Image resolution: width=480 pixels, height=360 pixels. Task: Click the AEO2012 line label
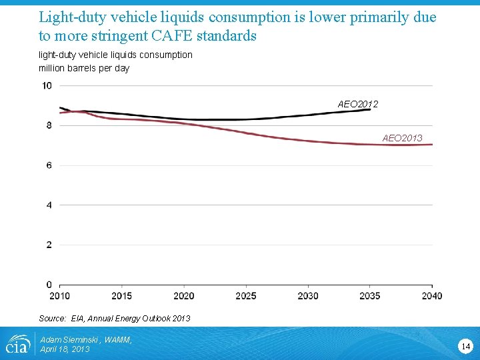point(358,104)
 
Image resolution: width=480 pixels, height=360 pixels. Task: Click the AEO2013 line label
point(402,138)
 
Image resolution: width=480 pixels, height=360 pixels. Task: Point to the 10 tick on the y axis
point(47,85)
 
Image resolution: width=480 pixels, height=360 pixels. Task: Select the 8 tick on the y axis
point(49,125)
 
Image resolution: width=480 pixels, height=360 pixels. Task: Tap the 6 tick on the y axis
point(49,165)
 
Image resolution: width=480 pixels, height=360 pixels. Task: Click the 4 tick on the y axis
point(49,205)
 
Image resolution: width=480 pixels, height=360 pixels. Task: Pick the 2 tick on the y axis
point(49,245)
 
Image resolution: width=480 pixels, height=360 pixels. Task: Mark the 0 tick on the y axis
point(49,285)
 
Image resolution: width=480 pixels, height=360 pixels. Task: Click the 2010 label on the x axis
point(59,296)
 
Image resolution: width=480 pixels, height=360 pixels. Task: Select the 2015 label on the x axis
point(121,296)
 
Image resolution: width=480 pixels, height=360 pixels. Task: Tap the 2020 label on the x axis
point(183,296)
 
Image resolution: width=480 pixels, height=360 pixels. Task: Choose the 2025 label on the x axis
point(246,296)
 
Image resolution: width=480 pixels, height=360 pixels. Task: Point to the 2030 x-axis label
point(308,296)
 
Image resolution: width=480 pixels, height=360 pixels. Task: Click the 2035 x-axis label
point(370,296)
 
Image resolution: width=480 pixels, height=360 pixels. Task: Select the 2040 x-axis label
point(431,296)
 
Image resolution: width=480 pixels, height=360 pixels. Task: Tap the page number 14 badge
point(465,345)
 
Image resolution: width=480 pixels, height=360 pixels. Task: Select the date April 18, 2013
point(65,349)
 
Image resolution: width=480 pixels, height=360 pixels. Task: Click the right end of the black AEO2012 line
point(370,109)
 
